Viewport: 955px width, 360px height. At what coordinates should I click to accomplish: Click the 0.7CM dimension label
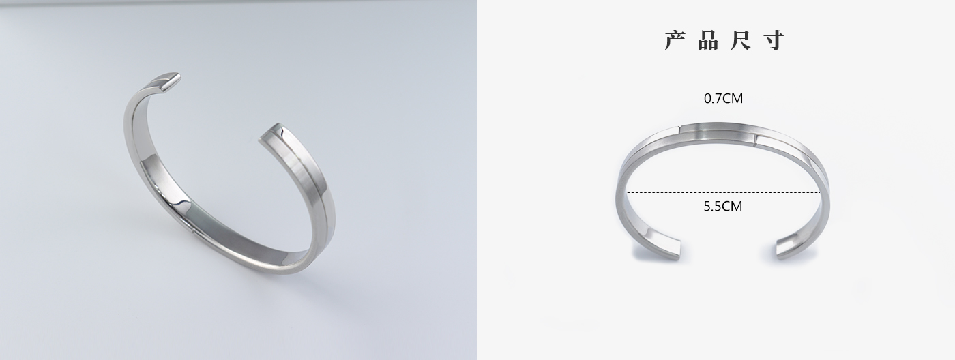pos(723,98)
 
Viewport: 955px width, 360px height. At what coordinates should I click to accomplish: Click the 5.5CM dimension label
pos(722,206)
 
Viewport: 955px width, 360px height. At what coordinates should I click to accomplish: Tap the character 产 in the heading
pos(675,41)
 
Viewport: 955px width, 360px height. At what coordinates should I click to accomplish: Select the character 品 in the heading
pos(709,41)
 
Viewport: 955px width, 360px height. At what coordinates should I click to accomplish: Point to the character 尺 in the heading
pos(740,41)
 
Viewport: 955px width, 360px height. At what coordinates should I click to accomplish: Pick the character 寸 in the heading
pos(773,41)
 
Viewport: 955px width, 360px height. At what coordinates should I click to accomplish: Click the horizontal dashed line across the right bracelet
pos(724,192)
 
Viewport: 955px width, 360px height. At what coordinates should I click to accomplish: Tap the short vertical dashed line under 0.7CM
pos(722,125)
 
